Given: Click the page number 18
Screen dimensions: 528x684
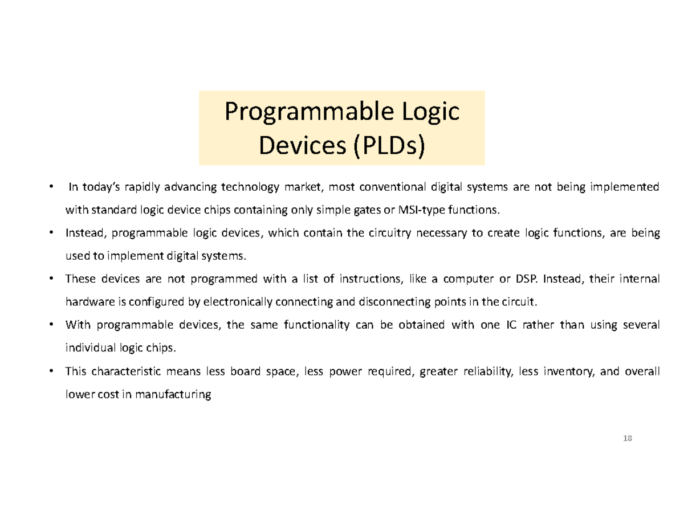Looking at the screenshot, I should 628,438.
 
